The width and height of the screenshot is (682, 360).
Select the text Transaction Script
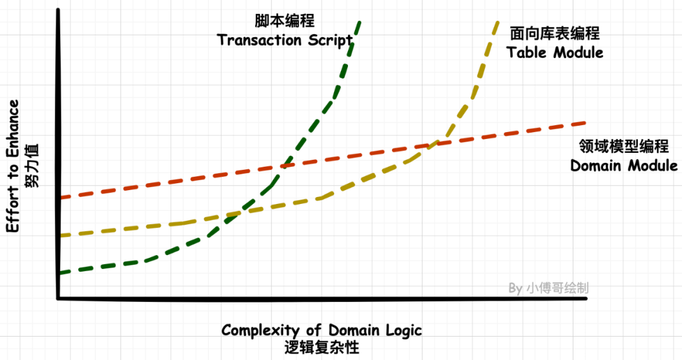[x=285, y=40]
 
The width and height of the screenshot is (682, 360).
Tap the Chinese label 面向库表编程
[x=554, y=33]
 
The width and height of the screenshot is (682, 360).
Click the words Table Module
[x=555, y=52]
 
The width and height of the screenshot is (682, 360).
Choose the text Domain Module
[x=624, y=166]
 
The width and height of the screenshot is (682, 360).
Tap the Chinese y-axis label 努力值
[x=32, y=165]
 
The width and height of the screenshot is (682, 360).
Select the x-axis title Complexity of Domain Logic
[x=321, y=330]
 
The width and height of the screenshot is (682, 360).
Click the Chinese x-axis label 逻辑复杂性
[x=321, y=348]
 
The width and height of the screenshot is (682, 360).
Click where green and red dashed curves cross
[x=285, y=166]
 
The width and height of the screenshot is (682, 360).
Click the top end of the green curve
[x=359, y=23]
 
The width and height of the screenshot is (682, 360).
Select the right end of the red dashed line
[x=585, y=123]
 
